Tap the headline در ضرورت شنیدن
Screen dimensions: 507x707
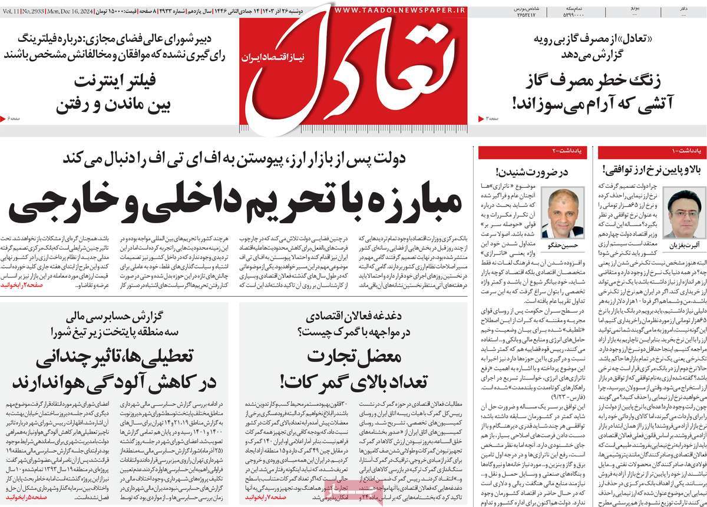[531, 173]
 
